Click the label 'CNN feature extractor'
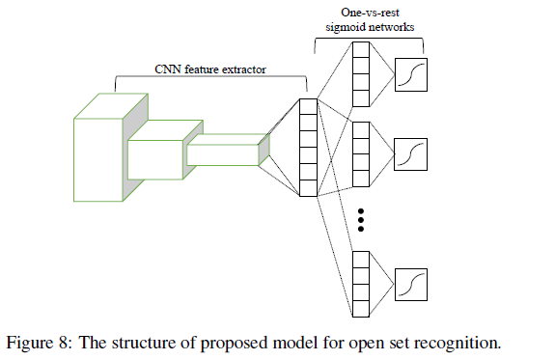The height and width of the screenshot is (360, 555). click(x=209, y=69)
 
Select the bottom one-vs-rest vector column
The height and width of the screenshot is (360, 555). click(x=362, y=282)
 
